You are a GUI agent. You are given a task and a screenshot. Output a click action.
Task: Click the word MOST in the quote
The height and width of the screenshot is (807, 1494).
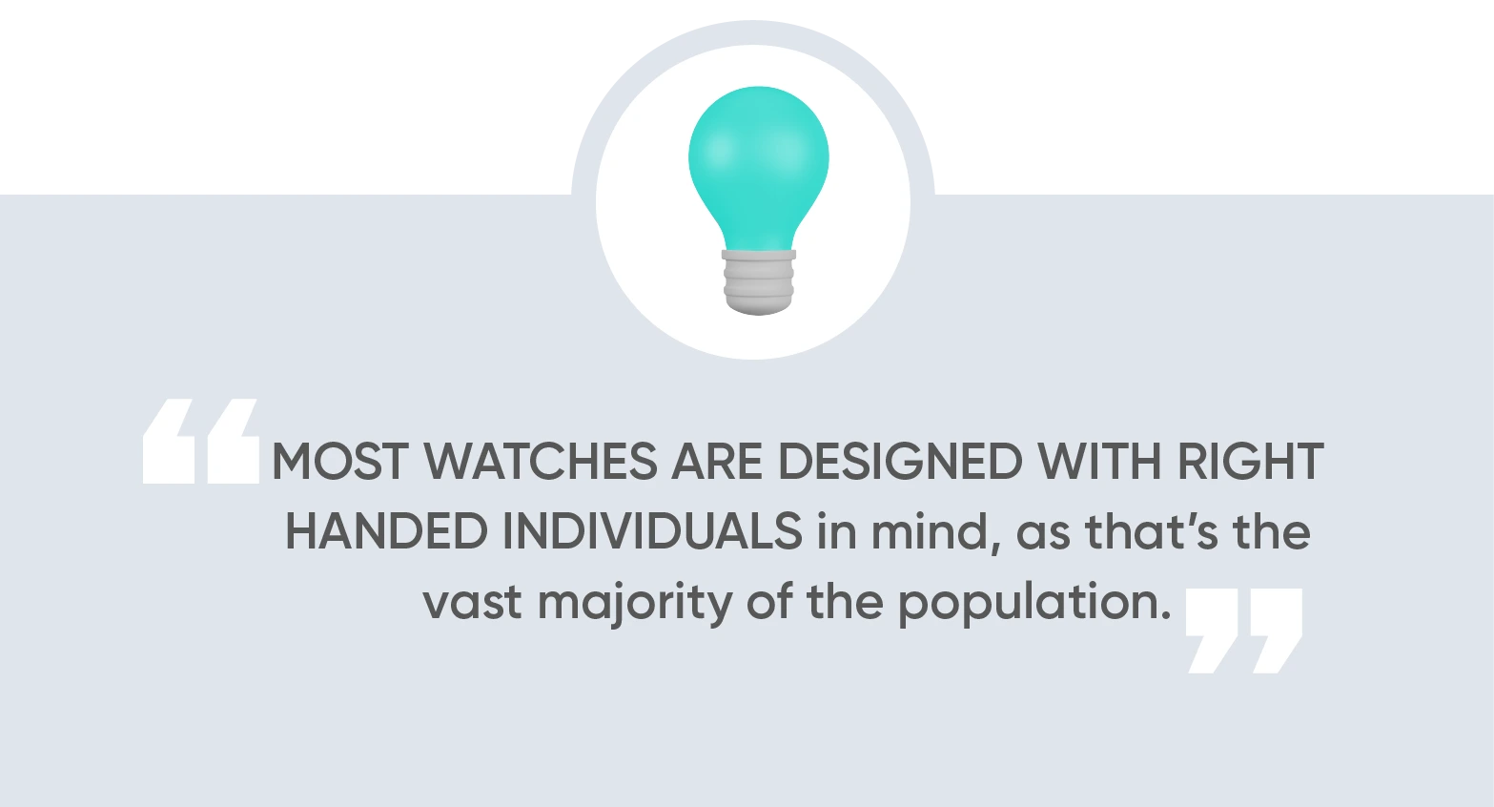[x=339, y=461]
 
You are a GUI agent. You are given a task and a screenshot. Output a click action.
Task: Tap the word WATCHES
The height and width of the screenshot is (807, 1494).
[x=541, y=461]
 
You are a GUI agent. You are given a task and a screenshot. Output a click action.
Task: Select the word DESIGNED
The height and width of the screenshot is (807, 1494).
[x=900, y=461]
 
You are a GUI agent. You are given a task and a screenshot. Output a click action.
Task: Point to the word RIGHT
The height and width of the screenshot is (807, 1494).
[x=1251, y=461]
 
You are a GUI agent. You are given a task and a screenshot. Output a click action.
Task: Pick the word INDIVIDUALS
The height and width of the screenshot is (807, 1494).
[x=652, y=531]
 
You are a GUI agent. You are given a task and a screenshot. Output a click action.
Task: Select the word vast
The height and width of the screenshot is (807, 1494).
[x=472, y=602]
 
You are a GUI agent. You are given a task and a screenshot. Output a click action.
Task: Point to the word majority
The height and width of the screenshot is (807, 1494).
[x=635, y=605]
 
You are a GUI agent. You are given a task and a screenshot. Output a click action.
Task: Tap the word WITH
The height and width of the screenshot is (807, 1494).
[x=1100, y=461]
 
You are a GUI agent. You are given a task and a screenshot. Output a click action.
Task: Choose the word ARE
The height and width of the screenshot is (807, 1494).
[x=717, y=461]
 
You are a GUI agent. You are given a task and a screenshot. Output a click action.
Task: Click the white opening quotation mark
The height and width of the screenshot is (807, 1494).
[x=201, y=442]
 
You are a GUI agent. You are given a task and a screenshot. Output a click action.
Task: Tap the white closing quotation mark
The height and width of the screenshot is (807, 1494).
[x=1244, y=631]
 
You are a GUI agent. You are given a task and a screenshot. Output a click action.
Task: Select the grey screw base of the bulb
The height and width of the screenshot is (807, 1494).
[x=759, y=281]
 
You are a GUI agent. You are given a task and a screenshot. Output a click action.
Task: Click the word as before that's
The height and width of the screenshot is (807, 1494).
[x=1043, y=535]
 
